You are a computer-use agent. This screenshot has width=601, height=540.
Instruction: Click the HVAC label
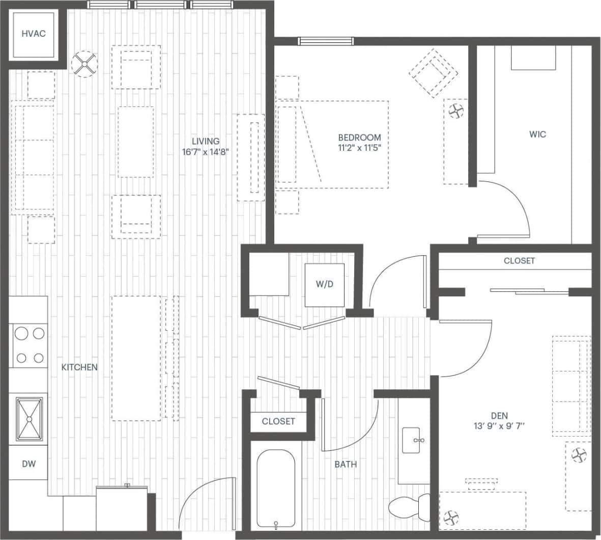click(x=34, y=34)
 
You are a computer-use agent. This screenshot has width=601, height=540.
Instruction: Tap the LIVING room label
click(x=206, y=141)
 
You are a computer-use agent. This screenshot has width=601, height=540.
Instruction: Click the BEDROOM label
click(x=359, y=138)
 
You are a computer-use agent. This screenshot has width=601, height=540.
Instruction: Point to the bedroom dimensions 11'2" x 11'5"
click(x=359, y=148)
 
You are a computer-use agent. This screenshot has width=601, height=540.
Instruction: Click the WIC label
click(x=537, y=134)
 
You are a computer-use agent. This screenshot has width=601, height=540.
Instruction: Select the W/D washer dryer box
click(x=324, y=285)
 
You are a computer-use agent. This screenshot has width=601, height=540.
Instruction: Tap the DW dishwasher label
click(x=28, y=464)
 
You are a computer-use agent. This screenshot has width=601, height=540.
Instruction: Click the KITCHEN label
click(x=79, y=367)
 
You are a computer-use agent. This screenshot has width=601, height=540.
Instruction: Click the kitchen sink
click(x=29, y=418)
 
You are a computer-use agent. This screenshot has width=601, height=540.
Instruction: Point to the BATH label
click(x=346, y=464)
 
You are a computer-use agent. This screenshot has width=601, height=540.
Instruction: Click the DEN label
click(x=499, y=416)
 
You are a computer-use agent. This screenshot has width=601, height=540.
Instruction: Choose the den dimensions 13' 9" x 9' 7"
click(x=499, y=426)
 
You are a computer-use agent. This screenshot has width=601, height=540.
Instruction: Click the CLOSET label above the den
click(x=519, y=260)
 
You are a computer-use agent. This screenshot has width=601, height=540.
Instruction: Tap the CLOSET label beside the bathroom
click(x=278, y=421)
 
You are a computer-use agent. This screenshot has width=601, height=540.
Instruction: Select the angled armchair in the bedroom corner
click(x=433, y=73)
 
